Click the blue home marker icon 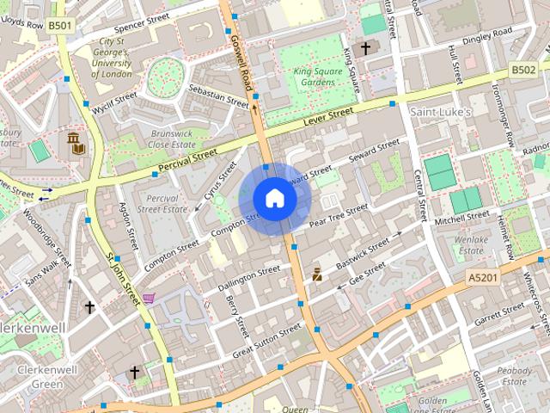pos(274,198)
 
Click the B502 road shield pos(522,70)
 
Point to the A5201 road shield pos(484,278)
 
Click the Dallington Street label pos(248,275)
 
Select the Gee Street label pos(368,273)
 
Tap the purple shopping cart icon pos(150,299)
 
